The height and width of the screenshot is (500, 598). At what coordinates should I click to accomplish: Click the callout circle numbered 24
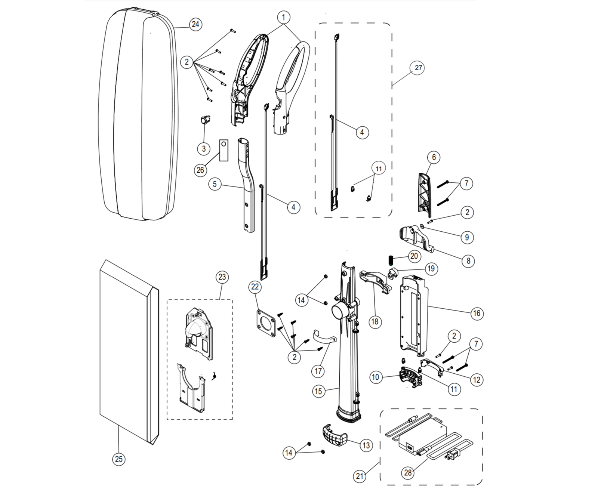click(x=195, y=25)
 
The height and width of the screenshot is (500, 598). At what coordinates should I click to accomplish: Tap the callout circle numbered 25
click(x=119, y=459)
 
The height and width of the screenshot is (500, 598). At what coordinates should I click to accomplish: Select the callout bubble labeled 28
click(x=408, y=473)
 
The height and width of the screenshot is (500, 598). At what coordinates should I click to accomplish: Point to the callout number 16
click(x=477, y=313)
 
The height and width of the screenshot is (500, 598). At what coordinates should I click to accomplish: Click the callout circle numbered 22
click(x=255, y=287)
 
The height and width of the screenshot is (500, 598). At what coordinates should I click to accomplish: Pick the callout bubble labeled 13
click(x=366, y=445)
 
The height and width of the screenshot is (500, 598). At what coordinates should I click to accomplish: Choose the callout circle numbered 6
click(x=434, y=157)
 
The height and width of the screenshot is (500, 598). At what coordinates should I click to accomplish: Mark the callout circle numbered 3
click(x=204, y=149)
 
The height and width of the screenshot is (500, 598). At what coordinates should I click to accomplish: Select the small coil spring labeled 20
click(x=391, y=258)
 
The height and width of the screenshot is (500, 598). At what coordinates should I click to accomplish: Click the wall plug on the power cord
click(x=452, y=456)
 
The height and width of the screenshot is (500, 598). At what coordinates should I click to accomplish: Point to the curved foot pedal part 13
click(x=335, y=436)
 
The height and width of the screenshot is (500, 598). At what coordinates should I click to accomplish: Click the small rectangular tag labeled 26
click(x=224, y=150)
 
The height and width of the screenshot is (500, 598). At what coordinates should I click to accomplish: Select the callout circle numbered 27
click(x=418, y=68)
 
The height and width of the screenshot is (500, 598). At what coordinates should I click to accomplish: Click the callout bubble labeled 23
click(x=222, y=277)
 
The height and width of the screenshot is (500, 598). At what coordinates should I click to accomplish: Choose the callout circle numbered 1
click(x=284, y=18)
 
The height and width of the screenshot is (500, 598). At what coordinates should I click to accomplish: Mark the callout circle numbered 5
click(x=215, y=184)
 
